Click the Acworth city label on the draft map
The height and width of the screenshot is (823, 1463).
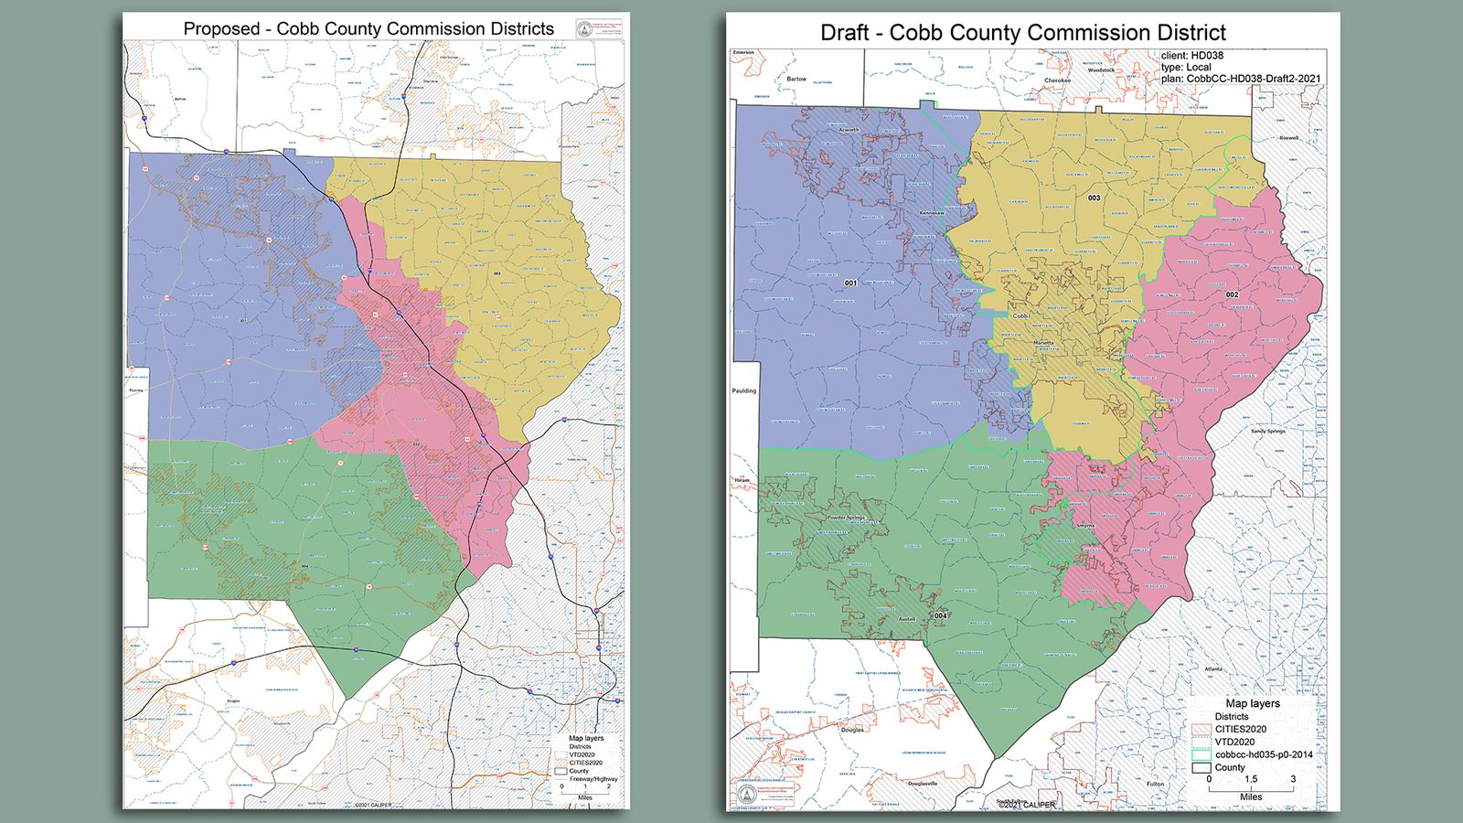(x=849, y=130)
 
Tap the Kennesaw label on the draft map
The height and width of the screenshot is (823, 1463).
(x=931, y=213)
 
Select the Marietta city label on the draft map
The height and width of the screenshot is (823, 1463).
(x=1043, y=343)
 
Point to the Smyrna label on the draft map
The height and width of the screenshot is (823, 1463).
(x=1084, y=526)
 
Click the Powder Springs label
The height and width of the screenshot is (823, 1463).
(x=846, y=518)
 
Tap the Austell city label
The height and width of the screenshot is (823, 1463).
(x=906, y=619)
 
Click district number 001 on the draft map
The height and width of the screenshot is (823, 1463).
(x=850, y=283)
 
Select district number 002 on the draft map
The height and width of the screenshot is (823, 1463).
(x=1232, y=294)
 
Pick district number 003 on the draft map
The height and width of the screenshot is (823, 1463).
(x=1094, y=198)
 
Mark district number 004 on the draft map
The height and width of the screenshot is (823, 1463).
(x=940, y=615)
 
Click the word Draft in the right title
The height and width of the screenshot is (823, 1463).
(x=844, y=33)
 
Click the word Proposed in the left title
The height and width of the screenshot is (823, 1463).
(x=221, y=28)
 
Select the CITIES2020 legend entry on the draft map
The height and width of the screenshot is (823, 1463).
(x=1240, y=729)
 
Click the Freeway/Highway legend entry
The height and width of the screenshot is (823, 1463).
(x=593, y=779)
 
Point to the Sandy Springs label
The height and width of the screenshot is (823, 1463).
(x=1267, y=431)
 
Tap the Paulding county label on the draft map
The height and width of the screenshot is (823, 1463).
(x=744, y=390)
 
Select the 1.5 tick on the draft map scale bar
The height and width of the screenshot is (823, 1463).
(x=1250, y=779)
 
